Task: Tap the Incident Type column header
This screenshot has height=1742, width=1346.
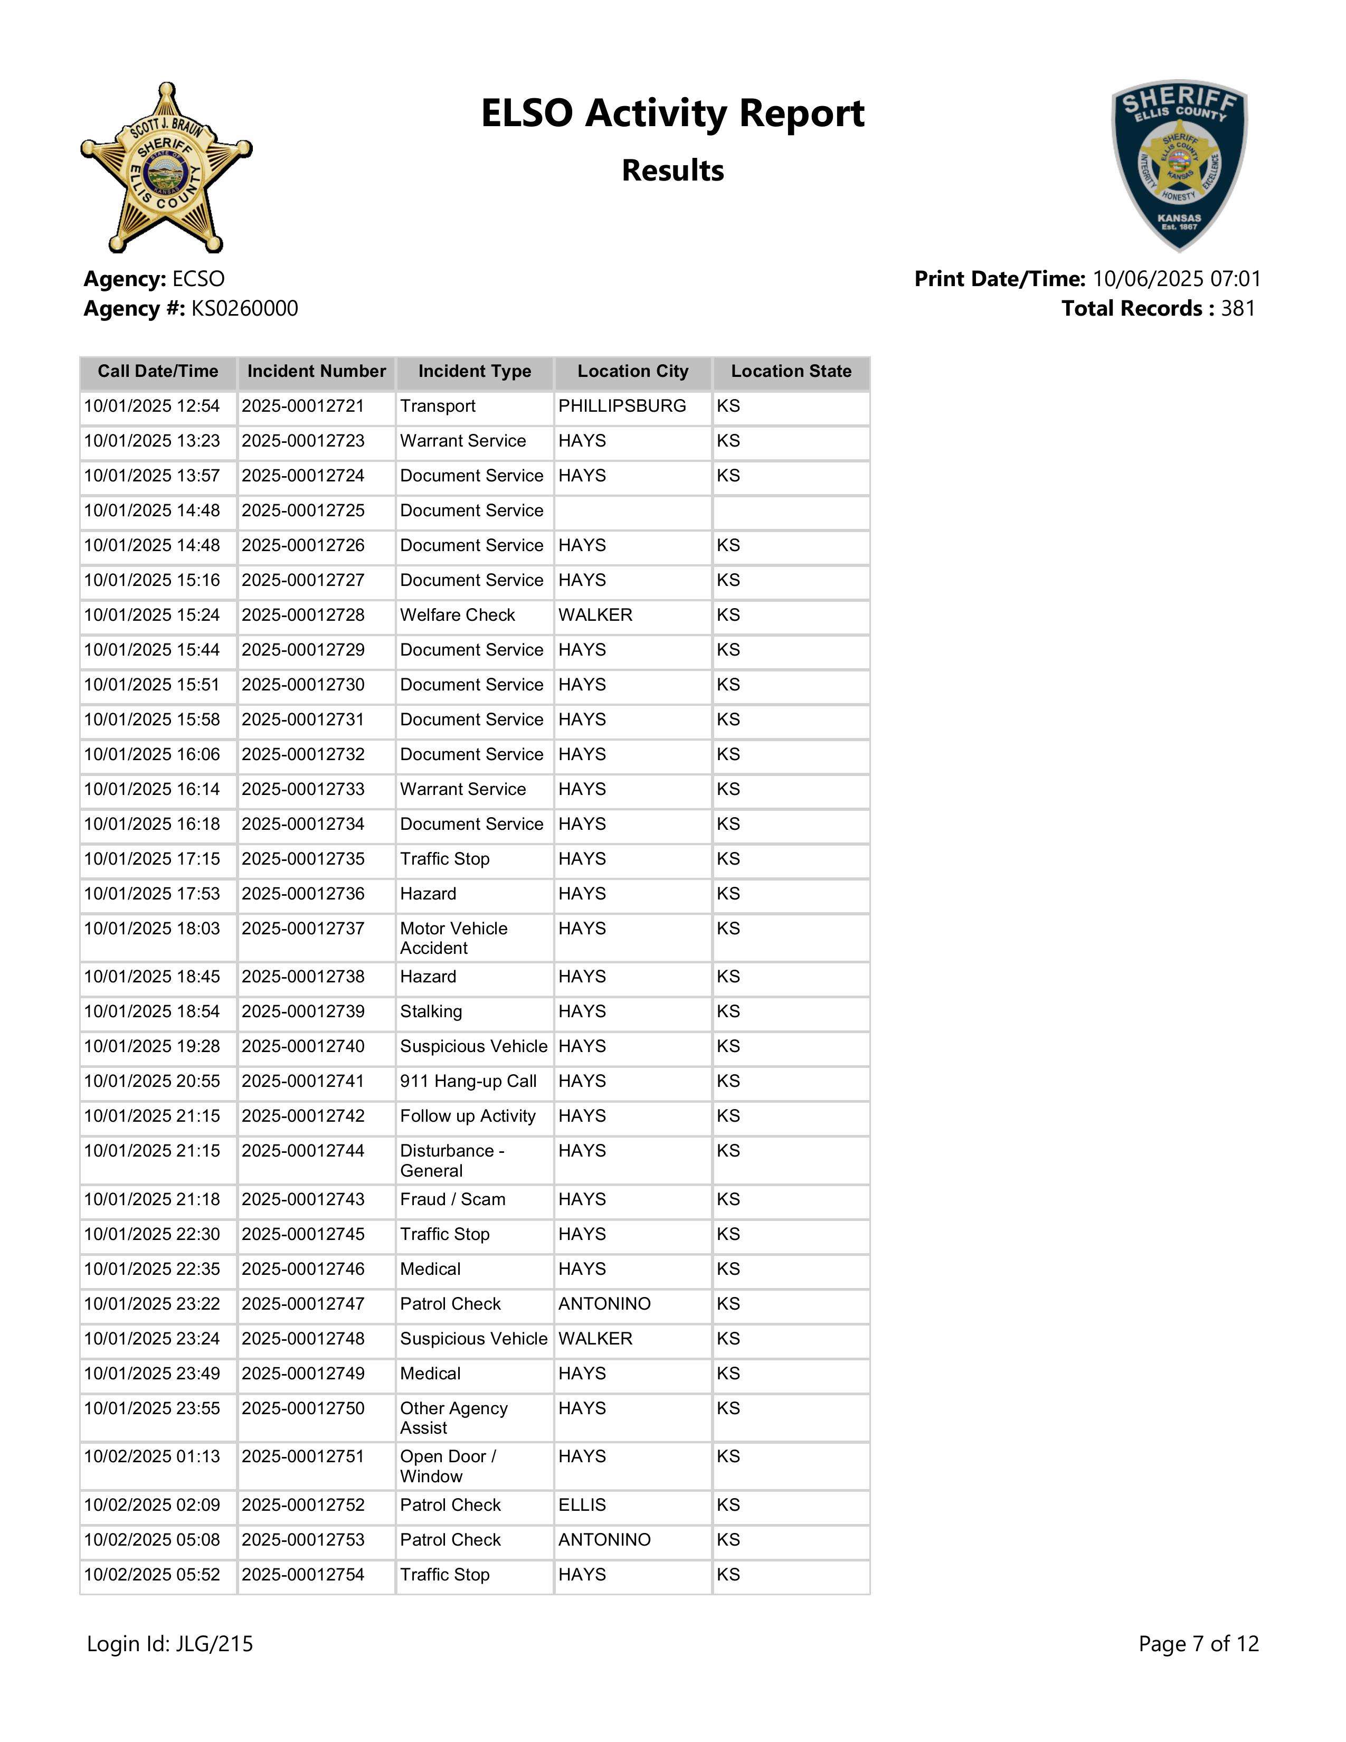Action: pyautogui.click(x=475, y=372)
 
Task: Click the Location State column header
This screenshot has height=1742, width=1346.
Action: pyautogui.click(x=791, y=372)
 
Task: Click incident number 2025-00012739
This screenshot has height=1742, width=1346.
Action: pyautogui.click(x=303, y=1011)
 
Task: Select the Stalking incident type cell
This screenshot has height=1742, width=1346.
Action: pyautogui.click(x=431, y=1011)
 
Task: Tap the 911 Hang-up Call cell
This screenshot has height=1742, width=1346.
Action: pyautogui.click(x=468, y=1082)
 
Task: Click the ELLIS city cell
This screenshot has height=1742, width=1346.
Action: pyautogui.click(x=582, y=1505)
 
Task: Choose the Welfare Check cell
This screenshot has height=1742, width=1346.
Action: pyautogui.click(x=458, y=615)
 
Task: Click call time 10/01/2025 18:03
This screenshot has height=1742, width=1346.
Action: pyautogui.click(x=151, y=929)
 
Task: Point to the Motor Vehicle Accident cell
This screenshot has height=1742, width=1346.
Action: pyautogui.click(x=454, y=938)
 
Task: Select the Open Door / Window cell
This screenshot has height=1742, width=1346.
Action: pyautogui.click(x=448, y=1466)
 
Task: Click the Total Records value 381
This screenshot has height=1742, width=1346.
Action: pyautogui.click(x=1238, y=309)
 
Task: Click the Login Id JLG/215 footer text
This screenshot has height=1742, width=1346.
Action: pyautogui.click(x=170, y=1644)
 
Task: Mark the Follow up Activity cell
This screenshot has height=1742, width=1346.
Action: pyautogui.click(x=468, y=1116)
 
